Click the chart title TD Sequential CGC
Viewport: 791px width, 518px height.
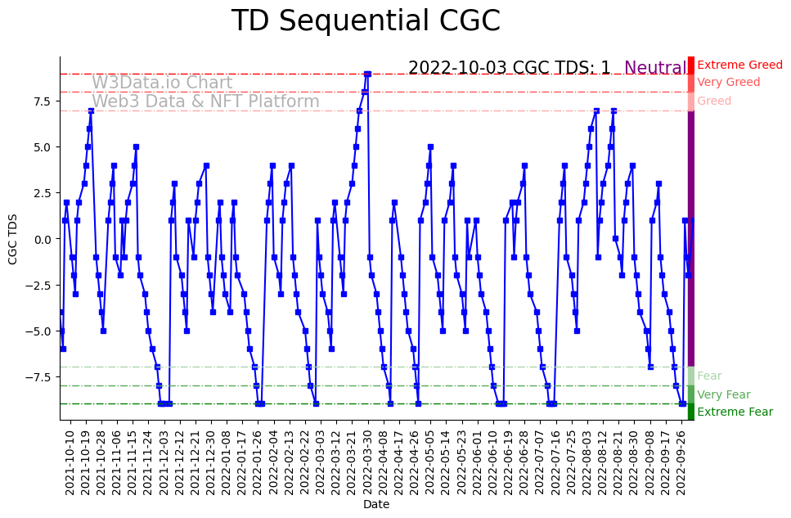(x=366, y=21)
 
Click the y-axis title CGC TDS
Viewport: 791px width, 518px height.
(x=13, y=239)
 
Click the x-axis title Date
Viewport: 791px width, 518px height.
(x=376, y=505)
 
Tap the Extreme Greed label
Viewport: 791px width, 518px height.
(x=739, y=65)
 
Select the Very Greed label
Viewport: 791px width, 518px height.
(x=728, y=83)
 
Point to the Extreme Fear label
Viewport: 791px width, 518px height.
(x=735, y=412)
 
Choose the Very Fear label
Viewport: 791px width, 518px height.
(x=723, y=394)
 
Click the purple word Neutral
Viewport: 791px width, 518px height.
(x=655, y=69)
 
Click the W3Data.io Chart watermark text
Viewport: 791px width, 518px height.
(x=162, y=83)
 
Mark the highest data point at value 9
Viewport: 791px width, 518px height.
(x=367, y=74)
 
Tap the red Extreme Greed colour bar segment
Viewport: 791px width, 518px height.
(x=691, y=65)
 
